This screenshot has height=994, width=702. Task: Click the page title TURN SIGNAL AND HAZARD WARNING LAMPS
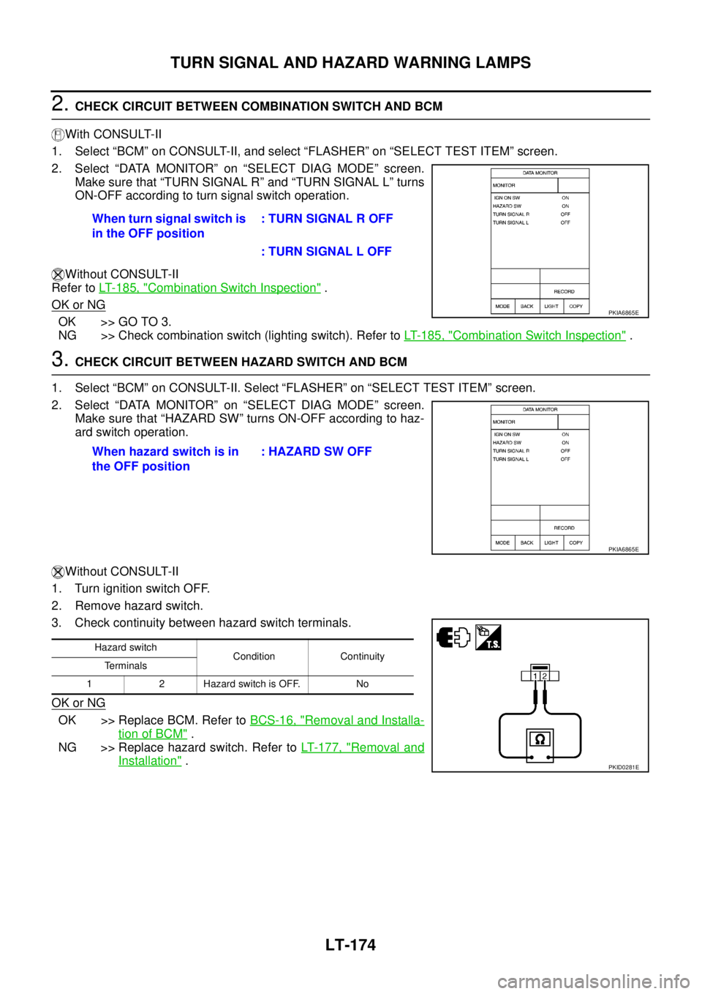(x=350, y=62)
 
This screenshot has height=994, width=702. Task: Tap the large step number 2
(x=60, y=104)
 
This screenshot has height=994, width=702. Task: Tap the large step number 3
(x=60, y=359)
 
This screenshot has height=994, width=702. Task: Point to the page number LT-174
(x=350, y=945)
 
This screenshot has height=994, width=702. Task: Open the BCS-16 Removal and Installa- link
(x=337, y=720)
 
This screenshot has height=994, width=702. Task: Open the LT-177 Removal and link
(x=363, y=748)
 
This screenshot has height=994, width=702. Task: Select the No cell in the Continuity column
(x=362, y=684)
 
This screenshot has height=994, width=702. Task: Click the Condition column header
(x=254, y=657)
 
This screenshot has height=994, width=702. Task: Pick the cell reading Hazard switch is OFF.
(x=252, y=684)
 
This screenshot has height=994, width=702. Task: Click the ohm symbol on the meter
(x=540, y=739)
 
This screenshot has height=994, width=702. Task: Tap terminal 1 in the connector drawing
(x=535, y=676)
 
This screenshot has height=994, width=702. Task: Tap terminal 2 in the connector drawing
(x=545, y=676)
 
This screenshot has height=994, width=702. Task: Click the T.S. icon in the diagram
(x=488, y=638)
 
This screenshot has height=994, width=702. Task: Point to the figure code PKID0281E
(x=624, y=767)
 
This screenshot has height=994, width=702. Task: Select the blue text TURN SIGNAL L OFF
(x=327, y=252)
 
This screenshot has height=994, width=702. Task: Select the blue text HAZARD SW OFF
(x=317, y=452)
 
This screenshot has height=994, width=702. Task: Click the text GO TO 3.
(x=145, y=321)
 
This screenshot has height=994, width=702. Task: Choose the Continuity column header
(x=362, y=657)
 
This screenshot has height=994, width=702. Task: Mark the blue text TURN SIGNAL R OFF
(x=327, y=219)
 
